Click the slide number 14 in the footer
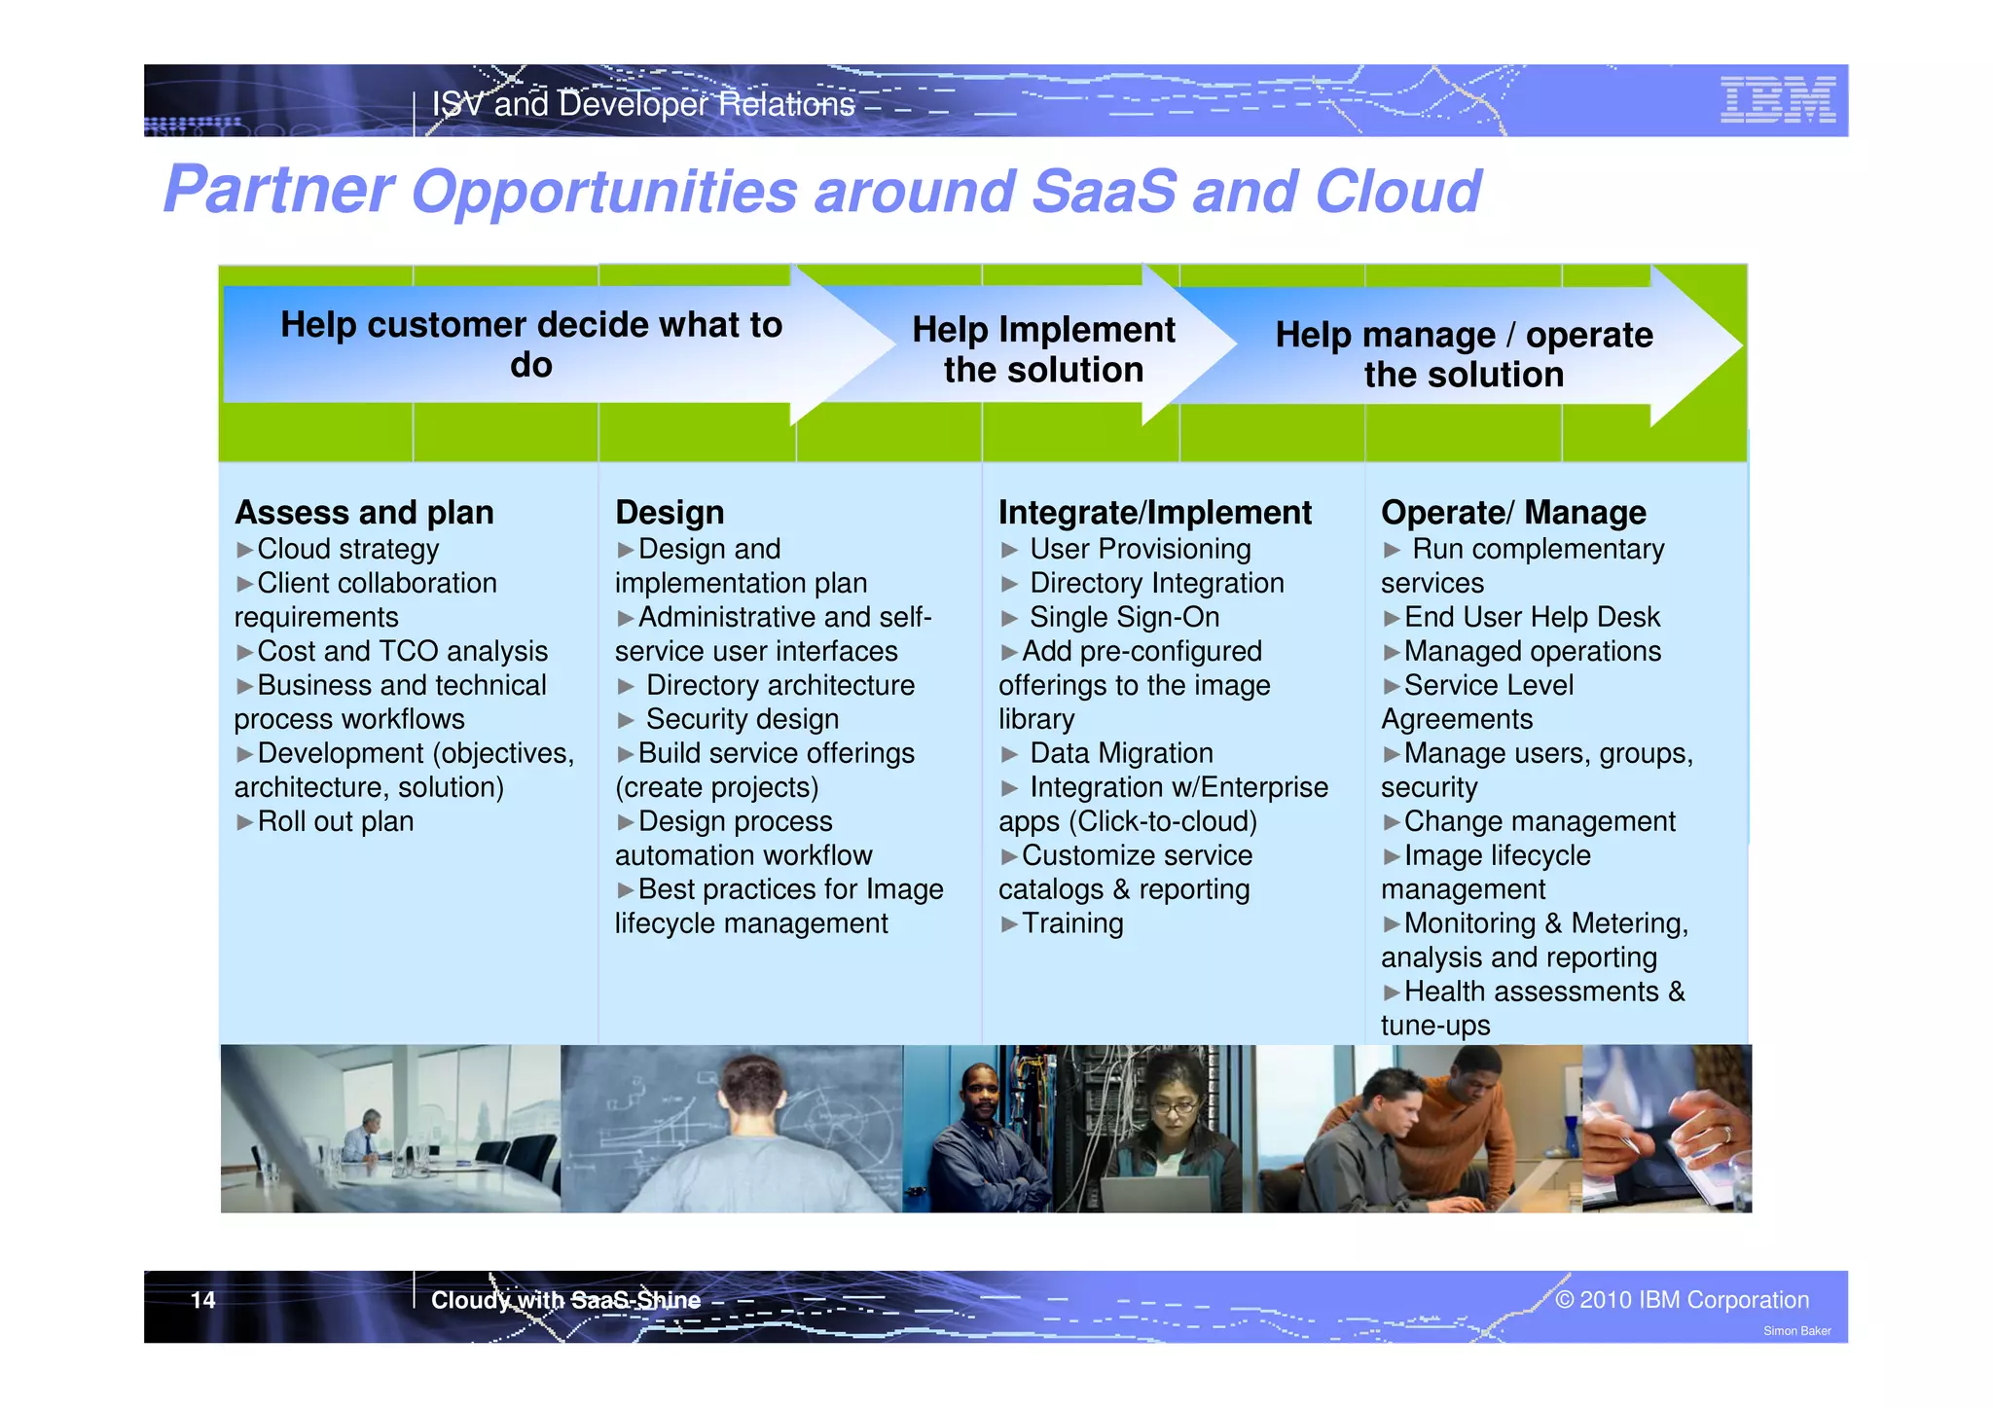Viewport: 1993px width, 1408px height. tap(202, 1300)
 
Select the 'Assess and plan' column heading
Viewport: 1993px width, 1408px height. tap(364, 513)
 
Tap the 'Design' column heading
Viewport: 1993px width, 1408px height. tap(670, 513)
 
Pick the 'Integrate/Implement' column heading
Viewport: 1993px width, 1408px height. tap(1155, 513)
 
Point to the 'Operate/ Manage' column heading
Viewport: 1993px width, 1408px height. tap(1513, 513)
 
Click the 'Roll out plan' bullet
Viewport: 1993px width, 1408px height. tap(335, 821)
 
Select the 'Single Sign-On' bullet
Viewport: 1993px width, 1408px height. tap(1124, 617)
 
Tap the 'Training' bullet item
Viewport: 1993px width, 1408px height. tap(1071, 923)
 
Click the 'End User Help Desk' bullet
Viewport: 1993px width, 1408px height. tap(1531, 617)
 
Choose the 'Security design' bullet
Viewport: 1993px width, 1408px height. tap(742, 719)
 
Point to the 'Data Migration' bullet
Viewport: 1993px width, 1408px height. tap(1121, 753)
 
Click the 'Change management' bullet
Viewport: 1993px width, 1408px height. tap(1539, 821)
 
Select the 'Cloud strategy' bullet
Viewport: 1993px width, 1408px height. tap(347, 549)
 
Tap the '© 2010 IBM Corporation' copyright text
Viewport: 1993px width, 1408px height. tap(1682, 1300)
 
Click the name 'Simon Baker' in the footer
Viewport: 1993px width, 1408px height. tap(1796, 1331)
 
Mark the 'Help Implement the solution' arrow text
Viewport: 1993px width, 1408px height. tap(1043, 349)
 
